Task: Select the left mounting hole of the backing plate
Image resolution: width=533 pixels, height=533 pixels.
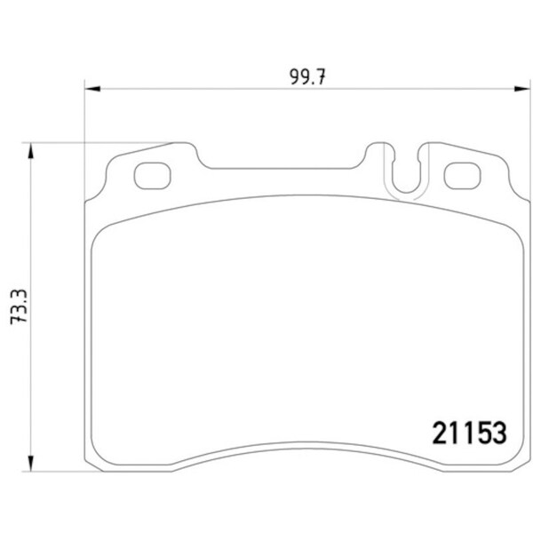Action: click(x=151, y=175)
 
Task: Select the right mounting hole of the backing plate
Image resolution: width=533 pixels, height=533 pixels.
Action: click(x=461, y=175)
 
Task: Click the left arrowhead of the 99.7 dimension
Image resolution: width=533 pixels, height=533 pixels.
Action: click(x=91, y=87)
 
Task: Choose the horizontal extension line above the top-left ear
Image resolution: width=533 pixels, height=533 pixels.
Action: click(x=98, y=142)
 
